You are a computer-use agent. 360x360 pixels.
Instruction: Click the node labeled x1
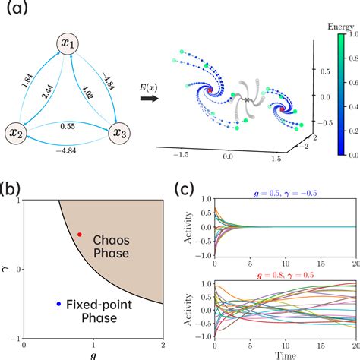point(68,46)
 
